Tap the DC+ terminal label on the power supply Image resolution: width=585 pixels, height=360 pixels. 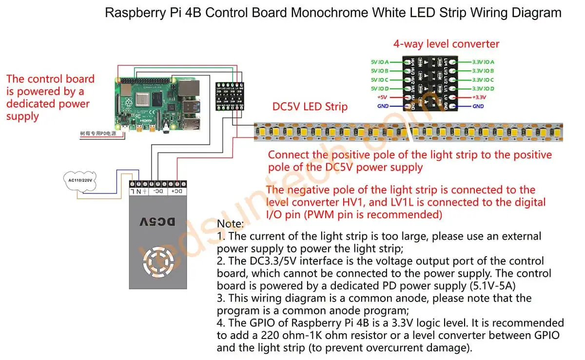point(176,192)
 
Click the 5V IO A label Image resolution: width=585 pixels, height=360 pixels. point(380,62)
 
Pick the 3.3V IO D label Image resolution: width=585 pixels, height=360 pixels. point(483,89)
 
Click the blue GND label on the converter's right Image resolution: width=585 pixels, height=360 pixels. point(478,106)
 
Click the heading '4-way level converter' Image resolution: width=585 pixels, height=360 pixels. point(446,44)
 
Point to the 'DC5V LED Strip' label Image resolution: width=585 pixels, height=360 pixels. point(310,106)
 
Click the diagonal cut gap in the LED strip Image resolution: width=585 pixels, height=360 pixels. point(411,132)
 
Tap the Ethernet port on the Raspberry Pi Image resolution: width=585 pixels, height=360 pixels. point(190,89)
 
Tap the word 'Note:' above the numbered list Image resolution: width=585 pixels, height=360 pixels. point(230,224)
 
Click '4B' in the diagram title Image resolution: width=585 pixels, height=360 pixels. point(192,13)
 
